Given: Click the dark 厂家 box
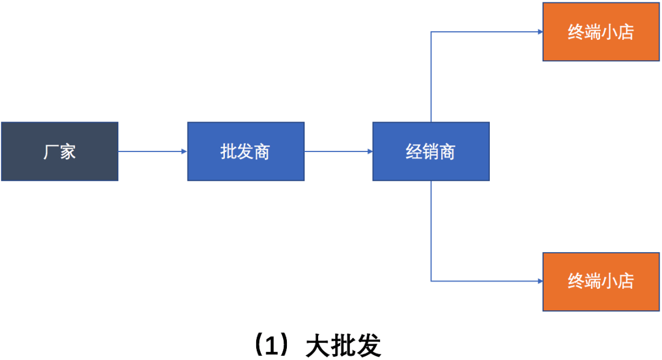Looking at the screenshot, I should coord(59,151).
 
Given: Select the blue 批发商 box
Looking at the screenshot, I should coord(245,151).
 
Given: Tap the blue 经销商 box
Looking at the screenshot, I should coord(431,151).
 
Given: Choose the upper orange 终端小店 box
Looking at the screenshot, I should coord(601,32).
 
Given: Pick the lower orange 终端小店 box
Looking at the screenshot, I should coord(601,281).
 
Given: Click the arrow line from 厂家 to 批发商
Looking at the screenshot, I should coord(150,151).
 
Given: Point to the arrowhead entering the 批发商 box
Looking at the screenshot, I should coord(184,151).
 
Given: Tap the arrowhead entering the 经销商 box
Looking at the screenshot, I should coord(369,151).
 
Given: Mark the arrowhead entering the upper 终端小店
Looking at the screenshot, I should coord(539,32).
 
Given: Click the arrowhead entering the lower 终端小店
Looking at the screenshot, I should coord(539,281).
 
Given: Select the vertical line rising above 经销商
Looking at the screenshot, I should coord(431,77).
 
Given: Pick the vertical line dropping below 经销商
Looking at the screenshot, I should coord(431,230).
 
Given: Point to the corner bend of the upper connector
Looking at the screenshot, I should coord(431,32).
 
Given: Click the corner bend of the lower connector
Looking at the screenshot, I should coord(431,281).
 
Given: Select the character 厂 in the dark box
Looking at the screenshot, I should coord(51,151).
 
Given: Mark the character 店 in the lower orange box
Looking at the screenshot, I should coord(625,281).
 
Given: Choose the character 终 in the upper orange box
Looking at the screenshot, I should coord(576,32).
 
